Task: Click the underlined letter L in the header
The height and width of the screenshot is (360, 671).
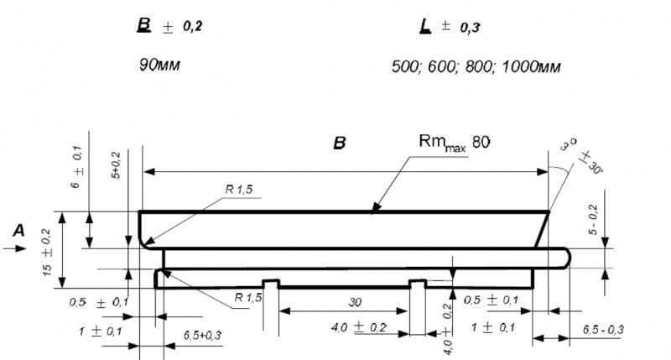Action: click(x=424, y=26)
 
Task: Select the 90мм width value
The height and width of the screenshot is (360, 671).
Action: click(x=159, y=65)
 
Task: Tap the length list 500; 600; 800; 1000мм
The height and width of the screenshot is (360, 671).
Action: click(x=476, y=65)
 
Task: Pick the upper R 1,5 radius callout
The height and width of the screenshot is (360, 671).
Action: click(x=238, y=191)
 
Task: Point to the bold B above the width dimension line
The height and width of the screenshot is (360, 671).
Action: click(x=340, y=143)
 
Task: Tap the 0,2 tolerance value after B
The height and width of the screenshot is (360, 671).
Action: click(x=192, y=26)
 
